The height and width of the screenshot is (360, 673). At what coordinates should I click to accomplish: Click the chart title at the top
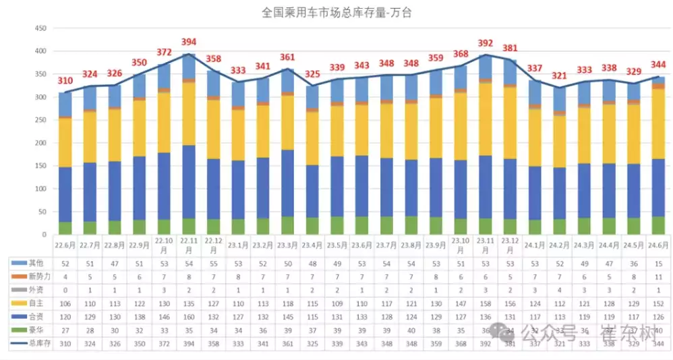click(x=335, y=12)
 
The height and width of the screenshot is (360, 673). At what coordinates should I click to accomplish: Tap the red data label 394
click(x=189, y=42)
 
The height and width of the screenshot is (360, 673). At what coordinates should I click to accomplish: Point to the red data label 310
click(x=65, y=81)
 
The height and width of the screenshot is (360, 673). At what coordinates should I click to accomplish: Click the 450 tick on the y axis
click(x=40, y=28)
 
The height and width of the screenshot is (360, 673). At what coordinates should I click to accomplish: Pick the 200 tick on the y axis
click(x=40, y=143)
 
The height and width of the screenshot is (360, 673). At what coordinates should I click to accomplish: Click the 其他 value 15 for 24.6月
click(x=658, y=262)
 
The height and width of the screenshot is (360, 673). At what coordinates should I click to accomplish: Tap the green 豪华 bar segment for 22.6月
click(x=65, y=228)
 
